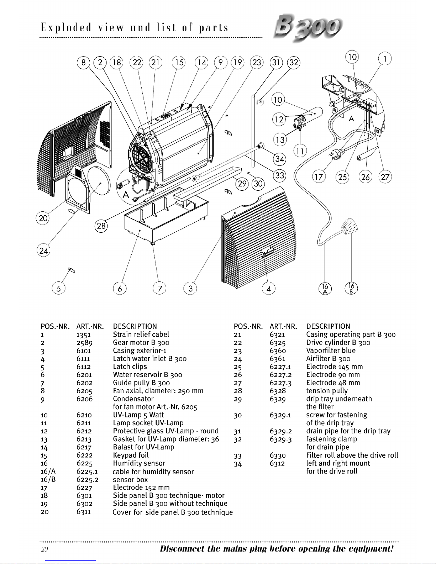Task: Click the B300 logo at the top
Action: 308,28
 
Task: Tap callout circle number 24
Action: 43,251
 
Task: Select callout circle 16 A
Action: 325,288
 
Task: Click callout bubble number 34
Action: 279,159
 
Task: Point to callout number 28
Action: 101,226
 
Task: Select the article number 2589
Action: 84,343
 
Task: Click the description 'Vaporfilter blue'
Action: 331,350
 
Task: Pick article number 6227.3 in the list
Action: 280,383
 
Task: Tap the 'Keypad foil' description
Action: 131,455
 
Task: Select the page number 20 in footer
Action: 44,549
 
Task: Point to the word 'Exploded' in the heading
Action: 66,28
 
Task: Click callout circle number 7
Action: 159,288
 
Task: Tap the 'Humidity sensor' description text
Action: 139,463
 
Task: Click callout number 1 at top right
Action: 385,59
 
